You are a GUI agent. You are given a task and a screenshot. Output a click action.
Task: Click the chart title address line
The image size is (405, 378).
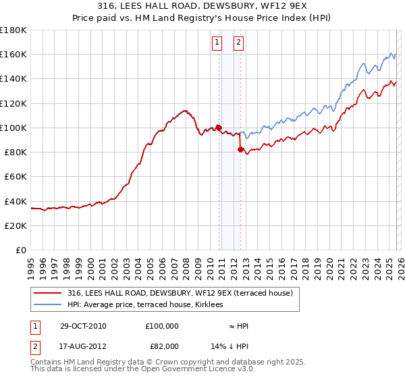tap(202, 7)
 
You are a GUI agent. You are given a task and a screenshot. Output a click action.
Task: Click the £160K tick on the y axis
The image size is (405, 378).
tap(13, 54)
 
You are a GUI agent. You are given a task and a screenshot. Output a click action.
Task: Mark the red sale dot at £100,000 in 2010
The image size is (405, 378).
tap(219, 127)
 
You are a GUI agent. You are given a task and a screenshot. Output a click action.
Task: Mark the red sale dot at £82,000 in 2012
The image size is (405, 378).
tap(240, 150)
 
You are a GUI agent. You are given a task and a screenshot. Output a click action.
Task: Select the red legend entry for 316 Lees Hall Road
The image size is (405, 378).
tap(180, 293)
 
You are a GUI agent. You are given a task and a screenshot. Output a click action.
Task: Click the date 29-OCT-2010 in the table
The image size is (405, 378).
tap(83, 326)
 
